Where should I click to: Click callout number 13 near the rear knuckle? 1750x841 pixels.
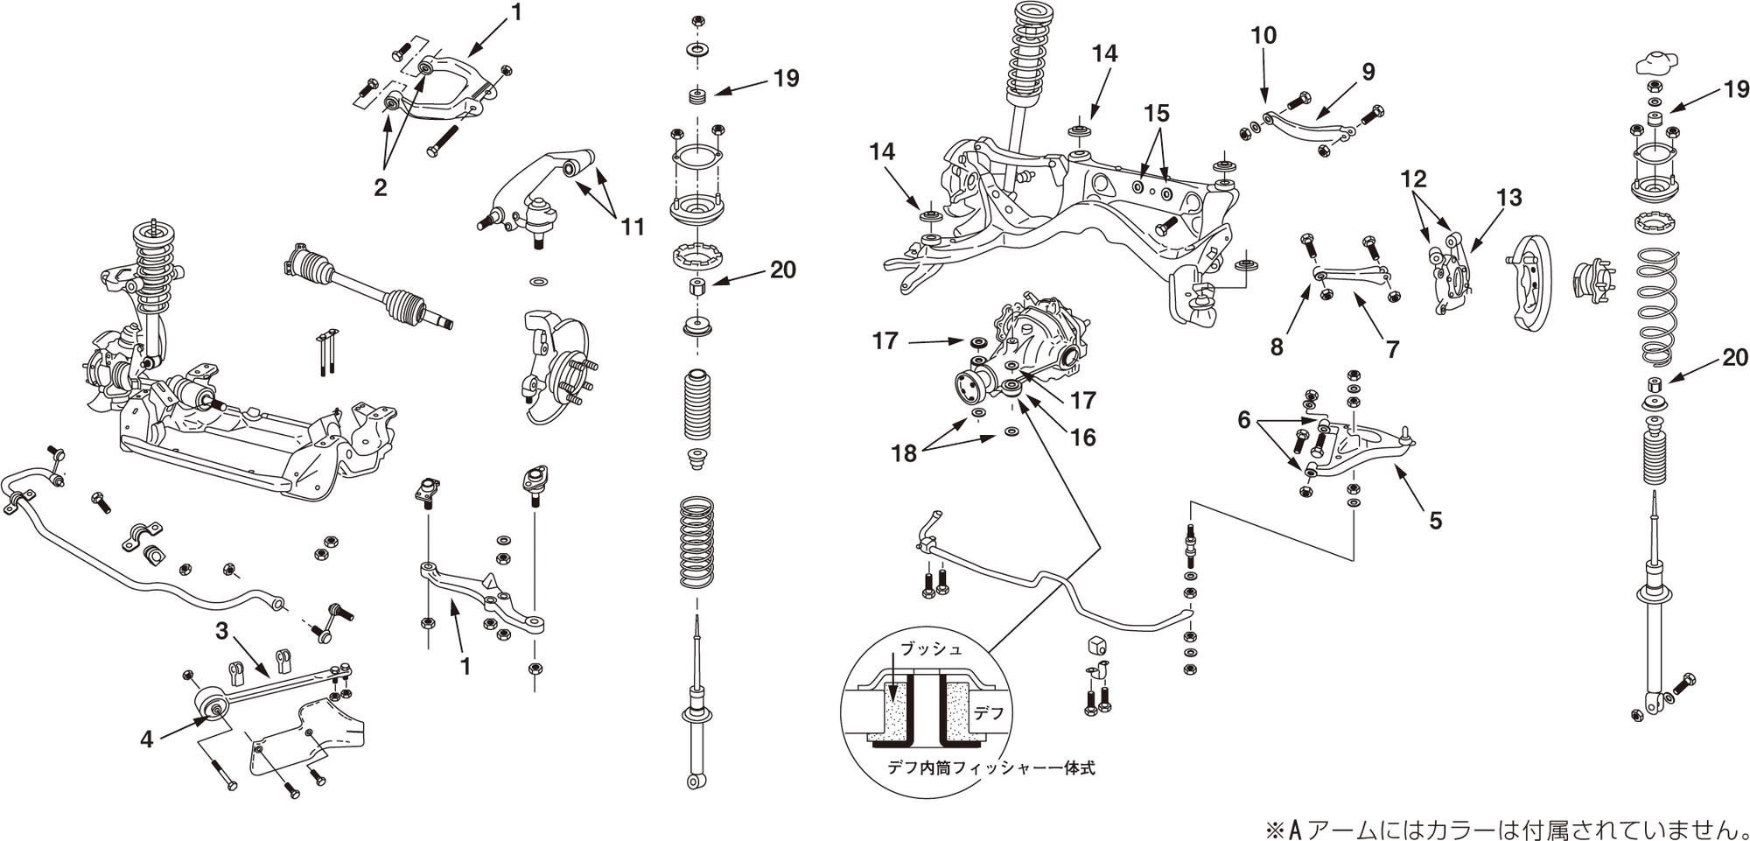point(1508,198)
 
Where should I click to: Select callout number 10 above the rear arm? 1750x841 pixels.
point(1263,36)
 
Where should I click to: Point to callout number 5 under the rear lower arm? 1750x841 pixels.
point(1435,521)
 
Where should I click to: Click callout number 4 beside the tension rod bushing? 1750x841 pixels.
point(147,739)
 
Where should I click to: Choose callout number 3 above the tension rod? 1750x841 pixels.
point(222,630)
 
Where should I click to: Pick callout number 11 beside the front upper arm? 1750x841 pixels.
point(633,228)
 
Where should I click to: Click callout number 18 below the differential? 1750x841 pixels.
point(904,453)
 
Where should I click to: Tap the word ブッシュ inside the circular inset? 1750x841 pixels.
point(931,649)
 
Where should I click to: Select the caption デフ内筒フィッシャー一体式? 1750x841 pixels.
point(990,768)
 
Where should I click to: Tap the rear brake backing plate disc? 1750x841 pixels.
point(1541,280)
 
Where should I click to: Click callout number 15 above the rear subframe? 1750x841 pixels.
point(1156,114)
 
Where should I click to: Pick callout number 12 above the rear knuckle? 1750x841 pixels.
point(1413,179)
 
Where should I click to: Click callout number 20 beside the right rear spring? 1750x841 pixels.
point(1734,357)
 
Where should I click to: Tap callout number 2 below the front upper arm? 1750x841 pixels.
point(380,187)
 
